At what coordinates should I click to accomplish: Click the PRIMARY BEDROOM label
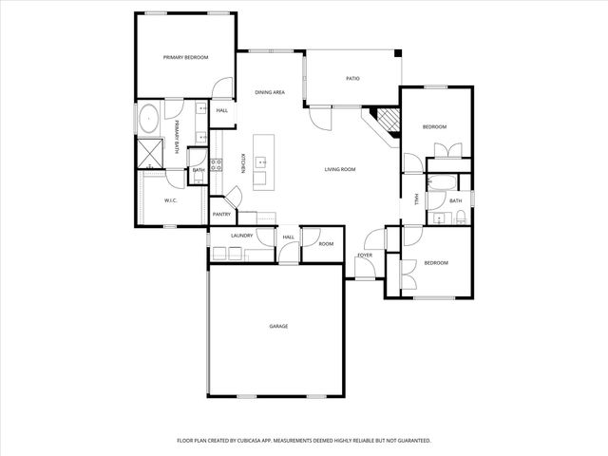point(185,58)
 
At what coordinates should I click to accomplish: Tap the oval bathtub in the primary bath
point(149,121)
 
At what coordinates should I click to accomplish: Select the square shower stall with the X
point(150,151)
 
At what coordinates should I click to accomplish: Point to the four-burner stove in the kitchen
point(216,166)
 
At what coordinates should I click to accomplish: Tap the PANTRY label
point(221,215)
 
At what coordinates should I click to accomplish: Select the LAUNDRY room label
point(240,235)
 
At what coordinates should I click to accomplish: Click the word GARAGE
point(278,326)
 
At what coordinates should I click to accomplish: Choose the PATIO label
point(352,79)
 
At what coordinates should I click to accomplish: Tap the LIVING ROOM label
point(340,169)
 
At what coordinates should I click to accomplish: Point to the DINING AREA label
point(270,92)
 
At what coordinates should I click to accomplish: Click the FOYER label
point(364,256)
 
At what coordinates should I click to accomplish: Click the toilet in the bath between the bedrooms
point(461,218)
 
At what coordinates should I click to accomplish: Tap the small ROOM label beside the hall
point(326,244)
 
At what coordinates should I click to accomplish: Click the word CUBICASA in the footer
point(269,441)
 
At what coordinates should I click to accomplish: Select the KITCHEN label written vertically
point(243,163)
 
